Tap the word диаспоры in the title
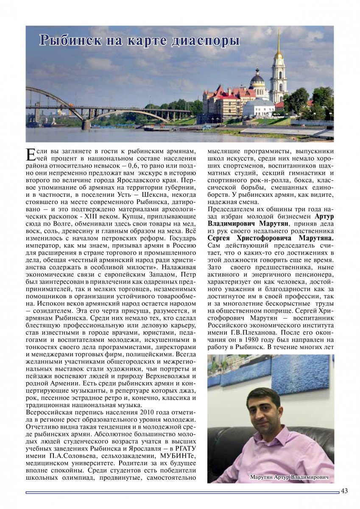[x=204, y=41]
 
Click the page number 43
[x=344, y=491]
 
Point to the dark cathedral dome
[x=257, y=77]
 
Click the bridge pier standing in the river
[x=86, y=124]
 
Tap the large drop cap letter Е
[x=30, y=154]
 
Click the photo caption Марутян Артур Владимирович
[x=289, y=477]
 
